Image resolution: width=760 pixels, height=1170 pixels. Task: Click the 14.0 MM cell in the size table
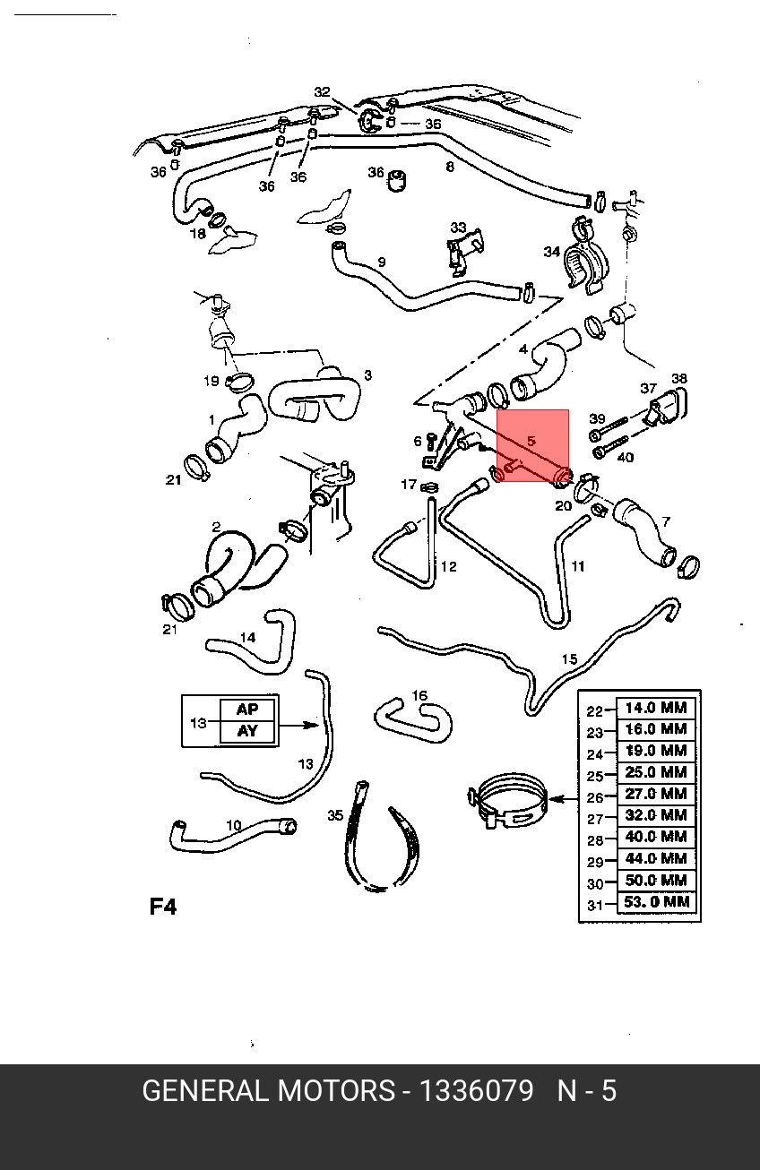click(x=656, y=709)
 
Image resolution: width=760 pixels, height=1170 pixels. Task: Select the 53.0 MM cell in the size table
click(x=656, y=902)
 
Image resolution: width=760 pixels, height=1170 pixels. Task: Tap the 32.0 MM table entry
click(x=656, y=815)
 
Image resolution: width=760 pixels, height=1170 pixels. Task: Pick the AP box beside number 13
click(x=247, y=710)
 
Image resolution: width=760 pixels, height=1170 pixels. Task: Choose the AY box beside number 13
click(x=247, y=731)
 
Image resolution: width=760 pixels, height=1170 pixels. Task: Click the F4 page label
click(x=162, y=907)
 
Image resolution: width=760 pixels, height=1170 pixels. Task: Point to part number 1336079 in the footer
click(x=476, y=1091)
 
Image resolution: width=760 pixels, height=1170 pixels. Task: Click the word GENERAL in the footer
click(x=203, y=1091)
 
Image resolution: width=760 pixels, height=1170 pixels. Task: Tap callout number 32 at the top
click(x=322, y=92)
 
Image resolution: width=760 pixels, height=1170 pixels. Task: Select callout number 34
click(x=552, y=252)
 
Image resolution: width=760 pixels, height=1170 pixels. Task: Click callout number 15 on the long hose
click(x=569, y=659)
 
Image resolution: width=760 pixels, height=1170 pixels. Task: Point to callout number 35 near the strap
click(x=335, y=815)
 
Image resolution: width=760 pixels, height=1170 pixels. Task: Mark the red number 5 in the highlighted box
click(x=531, y=441)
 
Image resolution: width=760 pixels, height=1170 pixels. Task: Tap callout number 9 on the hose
click(x=381, y=262)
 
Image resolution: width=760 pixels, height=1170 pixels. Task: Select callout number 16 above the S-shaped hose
click(x=419, y=695)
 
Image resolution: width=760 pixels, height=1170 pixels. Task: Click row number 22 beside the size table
click(x=595, y=711)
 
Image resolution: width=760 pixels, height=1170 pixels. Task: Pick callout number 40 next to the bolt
click(x=626, y=458)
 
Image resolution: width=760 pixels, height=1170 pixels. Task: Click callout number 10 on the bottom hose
click(x=234, y=825)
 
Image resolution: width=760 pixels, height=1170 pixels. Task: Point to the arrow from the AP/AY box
click(x=299, y=726)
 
